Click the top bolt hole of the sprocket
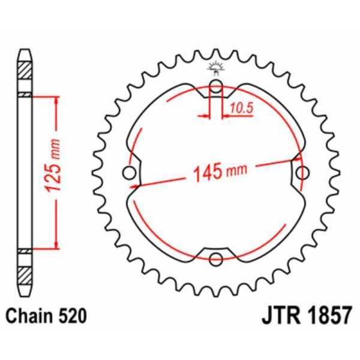(216, 85)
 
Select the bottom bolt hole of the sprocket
(216, 259)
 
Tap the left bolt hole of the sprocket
(128, 173)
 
